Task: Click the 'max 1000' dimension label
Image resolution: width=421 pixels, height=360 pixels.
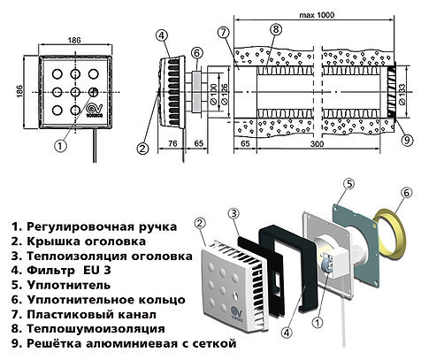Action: coord(315,15)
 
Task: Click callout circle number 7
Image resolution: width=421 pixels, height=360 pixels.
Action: coord(223,32)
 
